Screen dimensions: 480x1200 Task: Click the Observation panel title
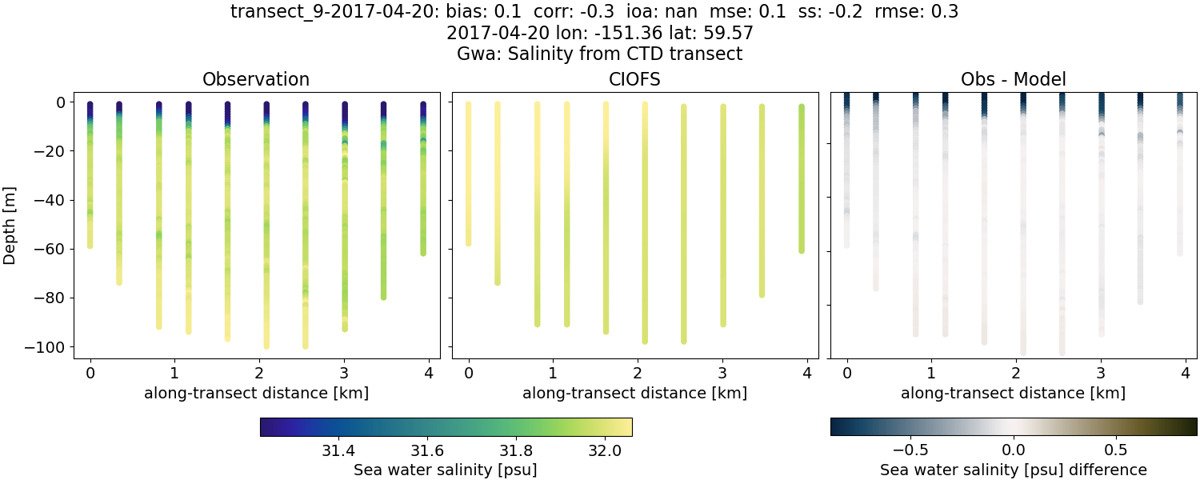click(256, 79)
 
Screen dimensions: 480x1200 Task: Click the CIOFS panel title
click(634, 79)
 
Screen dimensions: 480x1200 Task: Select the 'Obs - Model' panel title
click(1013, 79)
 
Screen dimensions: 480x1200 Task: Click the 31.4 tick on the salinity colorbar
click(338, 449)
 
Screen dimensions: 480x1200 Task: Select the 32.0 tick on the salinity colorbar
click(604, 449)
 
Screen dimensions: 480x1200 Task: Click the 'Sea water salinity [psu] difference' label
click(1013, 470)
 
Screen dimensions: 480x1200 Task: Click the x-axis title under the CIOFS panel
click(634, 393)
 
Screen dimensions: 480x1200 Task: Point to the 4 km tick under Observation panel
click(429, 373)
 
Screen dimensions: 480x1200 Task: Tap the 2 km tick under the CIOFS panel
click(638, 373)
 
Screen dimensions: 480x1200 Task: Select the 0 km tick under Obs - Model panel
click(846, 373)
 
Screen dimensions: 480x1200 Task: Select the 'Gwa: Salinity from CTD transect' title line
click(600, 54)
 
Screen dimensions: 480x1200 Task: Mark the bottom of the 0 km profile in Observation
click(90, 246)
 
